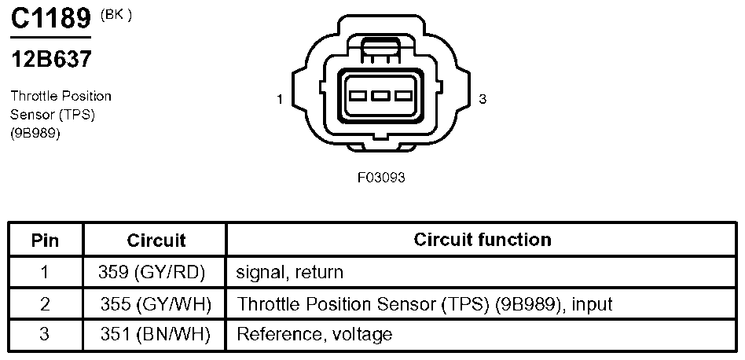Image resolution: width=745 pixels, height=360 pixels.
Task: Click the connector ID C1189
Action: [50, 20]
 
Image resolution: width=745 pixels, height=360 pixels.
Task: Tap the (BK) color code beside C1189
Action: [116, 15]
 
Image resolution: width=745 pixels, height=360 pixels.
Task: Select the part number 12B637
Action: [51, 60]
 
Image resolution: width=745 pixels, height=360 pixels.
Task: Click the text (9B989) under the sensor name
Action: [35, 134]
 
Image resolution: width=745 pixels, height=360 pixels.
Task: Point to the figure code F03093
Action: [381, 178]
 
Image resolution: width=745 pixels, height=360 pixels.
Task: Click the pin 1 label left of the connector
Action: [280, 99]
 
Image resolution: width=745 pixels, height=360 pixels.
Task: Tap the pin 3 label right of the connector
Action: [483, 99]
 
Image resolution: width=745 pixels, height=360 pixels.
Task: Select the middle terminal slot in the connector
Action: [380, 96]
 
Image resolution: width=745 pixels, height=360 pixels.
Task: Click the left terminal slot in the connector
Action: [358, 96]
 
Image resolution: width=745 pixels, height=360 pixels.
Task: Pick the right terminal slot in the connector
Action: [403, 96]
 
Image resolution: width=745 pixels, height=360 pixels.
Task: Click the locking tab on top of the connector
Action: [380, 50]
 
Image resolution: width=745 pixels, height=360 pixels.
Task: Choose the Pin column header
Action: [45, 241]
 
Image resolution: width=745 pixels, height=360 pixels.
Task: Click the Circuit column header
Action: [156, 241]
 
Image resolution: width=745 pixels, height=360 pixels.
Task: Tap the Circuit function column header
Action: [483, 240]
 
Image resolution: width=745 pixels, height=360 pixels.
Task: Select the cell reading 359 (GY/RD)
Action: [152, 272]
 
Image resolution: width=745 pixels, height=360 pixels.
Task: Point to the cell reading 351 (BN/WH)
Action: [155, 335]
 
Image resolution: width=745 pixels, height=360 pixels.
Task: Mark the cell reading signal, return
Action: [289, 272]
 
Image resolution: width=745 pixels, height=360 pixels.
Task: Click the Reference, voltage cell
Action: [314, 335]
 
